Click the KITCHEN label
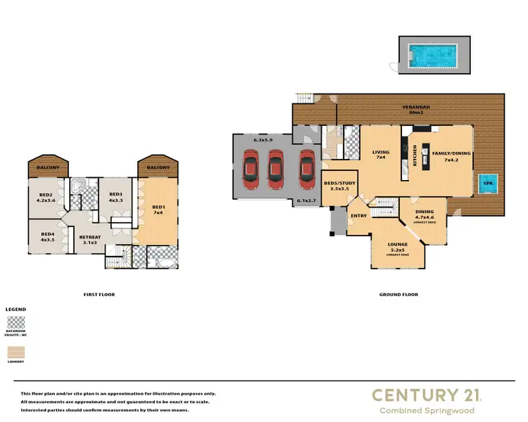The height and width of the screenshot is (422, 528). click(x=415, y=155)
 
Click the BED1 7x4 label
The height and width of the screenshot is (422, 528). click(x=158, y=210)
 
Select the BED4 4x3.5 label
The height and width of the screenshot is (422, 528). click(x=47, y=237)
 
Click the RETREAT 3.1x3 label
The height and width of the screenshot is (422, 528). click(x=90, y=240)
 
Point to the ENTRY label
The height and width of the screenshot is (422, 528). click(x=358, y=216)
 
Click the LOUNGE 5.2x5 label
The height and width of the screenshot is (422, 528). click(x=398, y=248)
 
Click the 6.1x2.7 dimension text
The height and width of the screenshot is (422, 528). click(x=308, y=202)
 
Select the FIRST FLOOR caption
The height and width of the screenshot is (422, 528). click(x=98, y=294)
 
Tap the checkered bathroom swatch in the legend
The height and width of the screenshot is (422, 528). click(x=15, y=323)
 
